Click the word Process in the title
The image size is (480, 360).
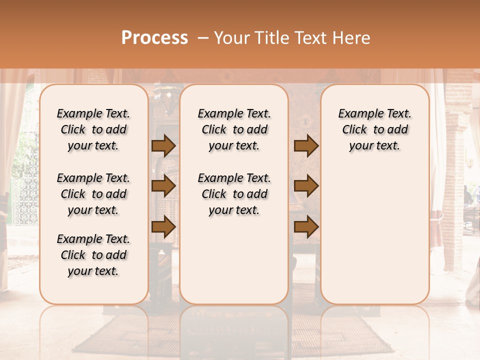[154, 38]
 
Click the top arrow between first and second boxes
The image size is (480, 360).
[163, 145]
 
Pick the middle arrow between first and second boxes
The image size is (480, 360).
[163, 186]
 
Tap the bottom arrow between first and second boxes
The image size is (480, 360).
[163, 226]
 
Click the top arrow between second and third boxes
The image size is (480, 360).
[306, 145]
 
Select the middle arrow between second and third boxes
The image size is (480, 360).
[306, 186]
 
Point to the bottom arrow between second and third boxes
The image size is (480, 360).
[306, 226]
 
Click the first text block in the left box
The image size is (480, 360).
[93, 129]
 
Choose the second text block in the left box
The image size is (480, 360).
[93, 194]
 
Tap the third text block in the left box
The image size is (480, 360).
[93, 255]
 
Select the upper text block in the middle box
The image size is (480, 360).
[234, 129]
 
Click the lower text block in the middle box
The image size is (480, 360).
[234, 194]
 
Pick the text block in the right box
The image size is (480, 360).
[374, 129]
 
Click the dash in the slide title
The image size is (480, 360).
[202, 38]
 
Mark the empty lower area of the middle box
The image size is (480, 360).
[234, 260]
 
